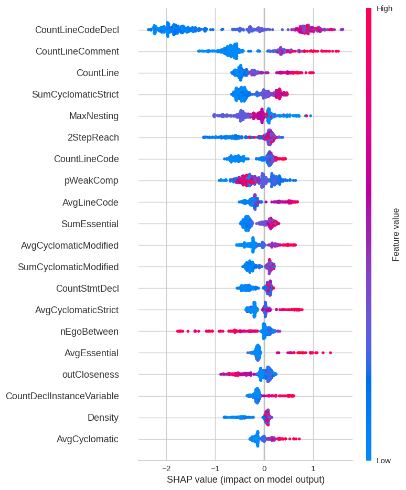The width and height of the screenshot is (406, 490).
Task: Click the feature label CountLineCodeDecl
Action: [77, 30]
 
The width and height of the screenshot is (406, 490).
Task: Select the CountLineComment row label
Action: [77, 51]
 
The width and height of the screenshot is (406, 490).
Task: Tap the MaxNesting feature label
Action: [94, 116]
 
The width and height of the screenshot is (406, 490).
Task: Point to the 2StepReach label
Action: [93, 137]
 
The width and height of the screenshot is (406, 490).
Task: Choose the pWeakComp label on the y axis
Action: [91, 180]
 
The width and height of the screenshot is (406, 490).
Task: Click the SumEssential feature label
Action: [90, 224]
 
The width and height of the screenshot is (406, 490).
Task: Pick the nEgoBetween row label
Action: [89, 332]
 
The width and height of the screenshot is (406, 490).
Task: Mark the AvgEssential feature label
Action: [91, 353]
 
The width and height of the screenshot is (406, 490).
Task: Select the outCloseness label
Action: [90, 375]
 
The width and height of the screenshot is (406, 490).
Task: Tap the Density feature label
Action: [103, 418]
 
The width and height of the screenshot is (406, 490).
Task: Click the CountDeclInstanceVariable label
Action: [62, 396]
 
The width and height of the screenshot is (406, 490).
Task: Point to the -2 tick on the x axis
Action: [166, 468]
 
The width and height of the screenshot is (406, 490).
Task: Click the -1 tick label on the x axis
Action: [215, 468]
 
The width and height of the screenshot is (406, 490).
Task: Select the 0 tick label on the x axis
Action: [264, 468]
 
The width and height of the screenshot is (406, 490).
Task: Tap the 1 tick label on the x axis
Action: [313, 468]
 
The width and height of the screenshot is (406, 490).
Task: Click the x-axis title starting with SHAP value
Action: [245, 480]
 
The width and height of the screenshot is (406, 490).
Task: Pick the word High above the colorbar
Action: [384, 8]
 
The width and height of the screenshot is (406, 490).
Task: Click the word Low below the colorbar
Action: [383, 461]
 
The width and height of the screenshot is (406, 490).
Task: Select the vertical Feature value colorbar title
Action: [396, 235]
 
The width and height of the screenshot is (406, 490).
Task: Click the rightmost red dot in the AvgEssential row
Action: [330, 353]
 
